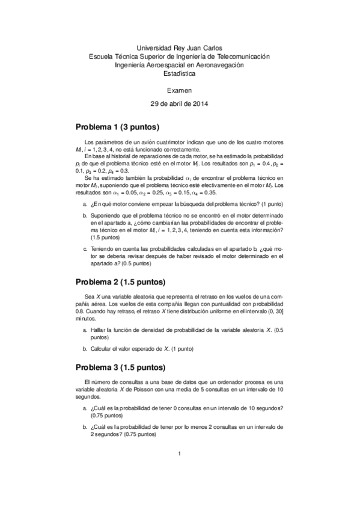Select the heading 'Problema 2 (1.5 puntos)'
coord(120,282)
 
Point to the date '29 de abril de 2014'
coord(179,103)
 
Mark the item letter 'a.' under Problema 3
coord(85,408)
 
